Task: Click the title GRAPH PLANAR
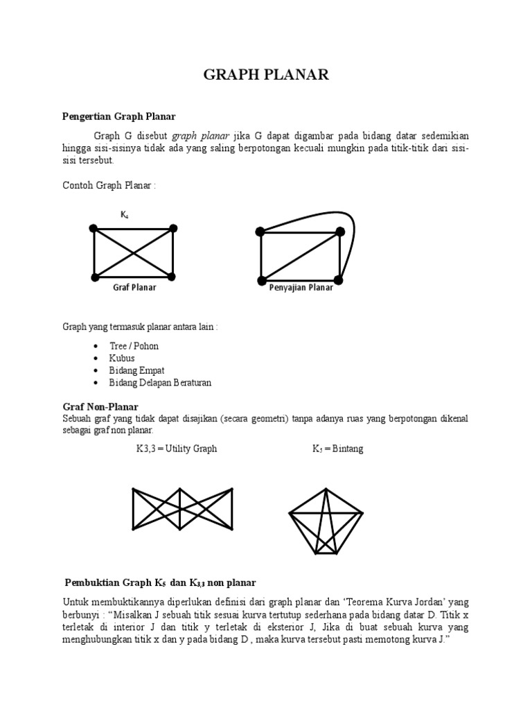pos(266,76)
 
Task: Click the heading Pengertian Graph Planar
pos(124,116)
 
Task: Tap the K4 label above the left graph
pos(124,215)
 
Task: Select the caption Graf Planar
pos(134,288)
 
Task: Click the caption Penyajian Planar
pos(301,288)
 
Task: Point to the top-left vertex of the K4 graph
pos(93,228)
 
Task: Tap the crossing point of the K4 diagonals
pos(133,252)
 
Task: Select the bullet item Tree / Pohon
pos(134,346)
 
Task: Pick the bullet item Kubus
pos(121,358)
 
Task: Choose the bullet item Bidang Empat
pos(136,370)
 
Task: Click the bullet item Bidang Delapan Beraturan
pos(160,383)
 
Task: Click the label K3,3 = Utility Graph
pos(177,449)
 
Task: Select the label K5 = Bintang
pos(337,449)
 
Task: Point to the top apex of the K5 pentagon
pos(326,490)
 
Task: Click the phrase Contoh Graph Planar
pos(109,187)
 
